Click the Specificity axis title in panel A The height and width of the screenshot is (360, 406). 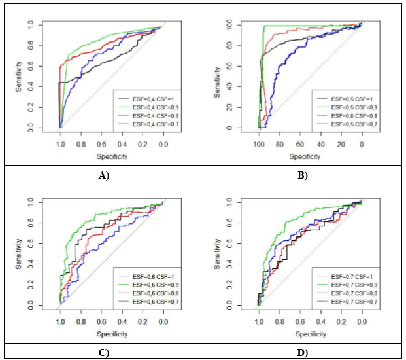point(111,157)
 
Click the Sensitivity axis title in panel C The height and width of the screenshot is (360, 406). point(20,254)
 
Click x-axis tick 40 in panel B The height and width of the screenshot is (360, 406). point(320,144)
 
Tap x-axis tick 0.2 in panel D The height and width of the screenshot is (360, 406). point(341,322)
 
